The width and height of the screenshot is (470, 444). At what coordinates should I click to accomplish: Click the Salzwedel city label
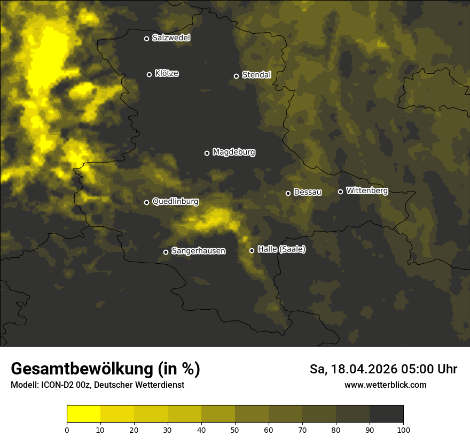pyautogui.click(x=171, y=38)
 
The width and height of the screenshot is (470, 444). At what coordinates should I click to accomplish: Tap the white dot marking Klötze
pyautogui.click(x=150, y=74)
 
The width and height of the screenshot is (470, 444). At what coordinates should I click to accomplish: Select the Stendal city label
pyautogui.click(x=256, y=75)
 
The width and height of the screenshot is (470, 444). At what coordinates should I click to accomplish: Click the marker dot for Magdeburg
pyautogui.click(x=207, y=153)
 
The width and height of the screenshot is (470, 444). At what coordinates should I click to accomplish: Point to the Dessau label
pyautogui.click(x=308, y=192)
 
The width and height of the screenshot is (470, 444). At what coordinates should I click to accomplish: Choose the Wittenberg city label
pyautogui.click(x=367, y=190)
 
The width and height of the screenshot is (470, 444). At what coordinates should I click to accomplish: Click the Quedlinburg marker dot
pyautogui.click(x=147, y=202)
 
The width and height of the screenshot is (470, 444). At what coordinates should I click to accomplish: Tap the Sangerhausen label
pyautogui.click(x=198, y=250)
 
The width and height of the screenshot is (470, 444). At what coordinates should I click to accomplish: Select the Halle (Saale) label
pyautogui.click(x=281, y=249)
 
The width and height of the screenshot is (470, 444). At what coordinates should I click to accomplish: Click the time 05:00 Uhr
pyautogui.click(x=432, y=369)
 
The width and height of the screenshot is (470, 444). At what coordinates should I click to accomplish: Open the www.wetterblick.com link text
pyautogui.click(x=385, y=385)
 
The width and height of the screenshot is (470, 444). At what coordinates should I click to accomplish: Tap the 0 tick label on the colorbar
pyautogui.click(x=67, y=429)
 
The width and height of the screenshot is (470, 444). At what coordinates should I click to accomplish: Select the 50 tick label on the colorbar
pyautogui.click(x=235, y=429)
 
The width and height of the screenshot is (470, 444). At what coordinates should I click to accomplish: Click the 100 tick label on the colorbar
pyautogui.click(x=403, y=429)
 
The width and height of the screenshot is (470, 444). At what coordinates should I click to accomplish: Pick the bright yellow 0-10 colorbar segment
pyautogui.click(x=84, y=414)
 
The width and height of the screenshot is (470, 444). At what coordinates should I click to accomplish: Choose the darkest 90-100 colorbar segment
pyautogui.click(x=386, y=414)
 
